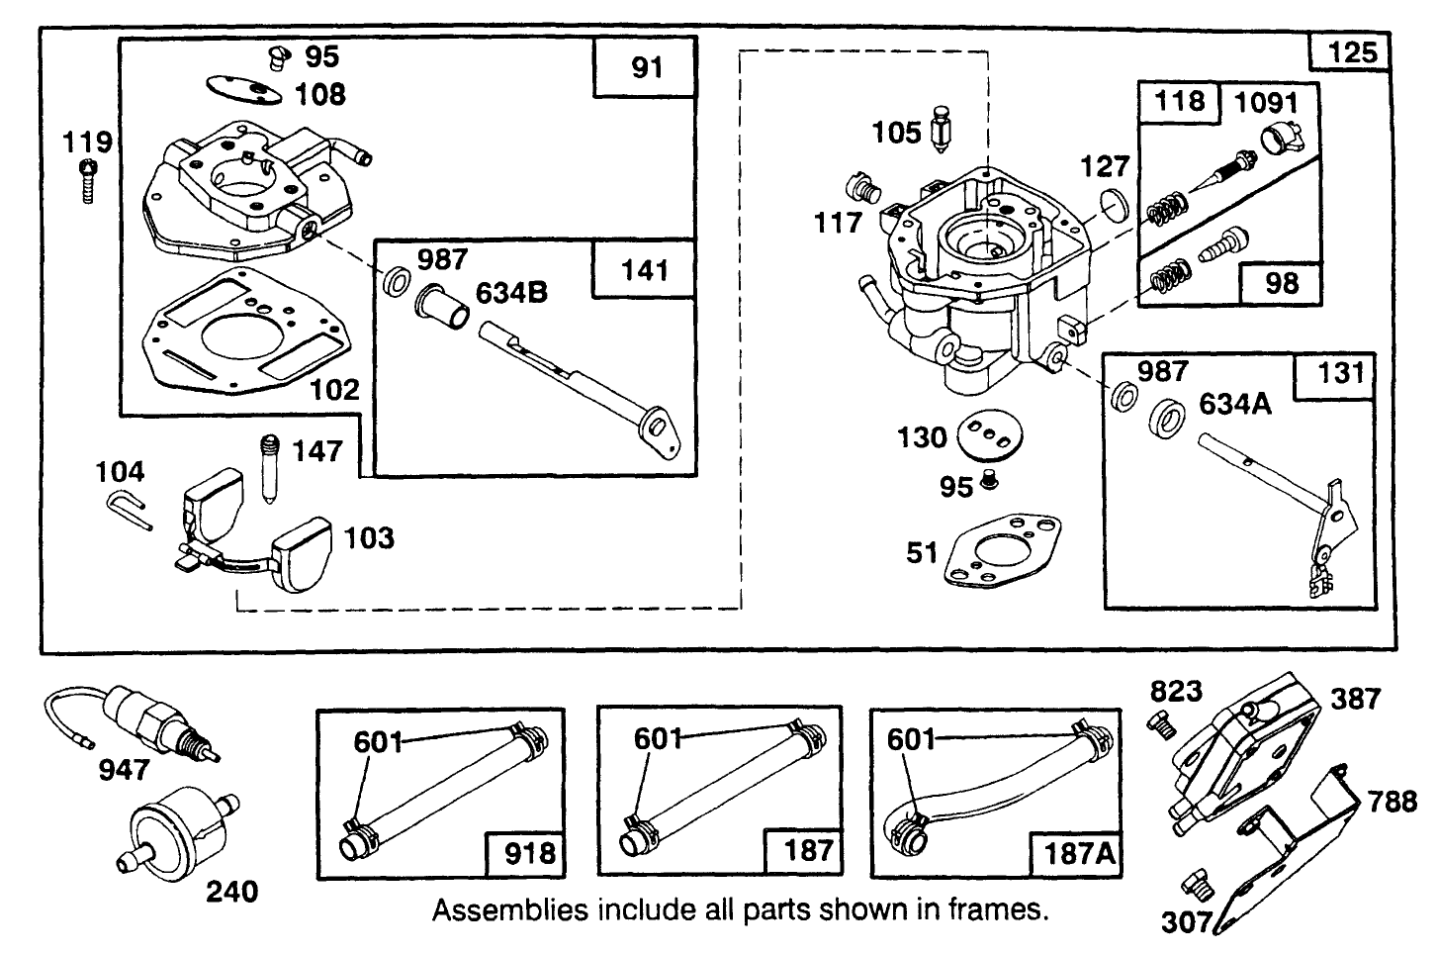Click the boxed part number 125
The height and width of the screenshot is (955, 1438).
click(x=1352, y=51)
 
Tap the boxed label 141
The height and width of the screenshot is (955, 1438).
click(x=645, y=269)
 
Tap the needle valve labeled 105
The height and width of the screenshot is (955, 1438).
click(x=941, y=137)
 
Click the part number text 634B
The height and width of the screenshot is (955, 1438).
click(x=512, y=293)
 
